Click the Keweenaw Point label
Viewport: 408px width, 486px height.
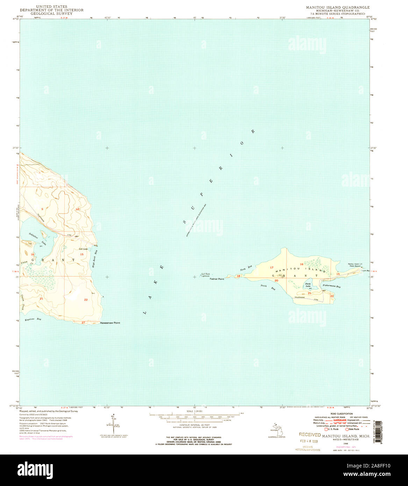(110, 323)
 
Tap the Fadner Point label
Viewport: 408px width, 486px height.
(216, 279)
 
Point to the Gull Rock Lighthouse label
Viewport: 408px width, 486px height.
(206, 275)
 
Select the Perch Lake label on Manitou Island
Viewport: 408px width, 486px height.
(308, 285)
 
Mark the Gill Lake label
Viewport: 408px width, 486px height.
(83, 249)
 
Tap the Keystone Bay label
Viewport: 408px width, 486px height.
(33, 320)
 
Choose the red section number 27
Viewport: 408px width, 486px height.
(83, 322)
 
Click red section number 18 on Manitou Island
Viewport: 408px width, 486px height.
(238, 276)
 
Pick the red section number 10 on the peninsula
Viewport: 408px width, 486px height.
(78, 209)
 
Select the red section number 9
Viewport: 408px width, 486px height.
(42, 209)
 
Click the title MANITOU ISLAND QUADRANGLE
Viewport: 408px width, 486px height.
(338, 7)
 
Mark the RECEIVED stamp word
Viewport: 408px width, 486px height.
(310, 435)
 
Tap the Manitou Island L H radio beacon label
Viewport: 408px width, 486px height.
(353, 265)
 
